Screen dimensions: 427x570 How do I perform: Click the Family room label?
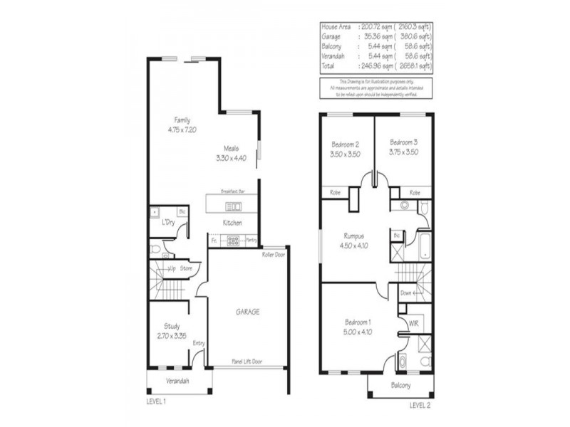182,120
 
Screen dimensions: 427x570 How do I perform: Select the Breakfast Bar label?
233,192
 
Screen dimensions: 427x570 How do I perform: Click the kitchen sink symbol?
233,206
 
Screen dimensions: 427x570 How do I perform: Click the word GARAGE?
247,312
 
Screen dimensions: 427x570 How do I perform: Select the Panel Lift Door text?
247,362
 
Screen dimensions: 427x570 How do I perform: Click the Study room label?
171,327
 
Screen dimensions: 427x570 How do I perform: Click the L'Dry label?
168,223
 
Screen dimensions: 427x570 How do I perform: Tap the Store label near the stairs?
186,268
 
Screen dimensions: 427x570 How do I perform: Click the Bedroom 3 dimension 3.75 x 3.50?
403,152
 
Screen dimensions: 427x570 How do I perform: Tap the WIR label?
413,324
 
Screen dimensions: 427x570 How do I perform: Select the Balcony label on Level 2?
400,385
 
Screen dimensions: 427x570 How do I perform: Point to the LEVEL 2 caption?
420,406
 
